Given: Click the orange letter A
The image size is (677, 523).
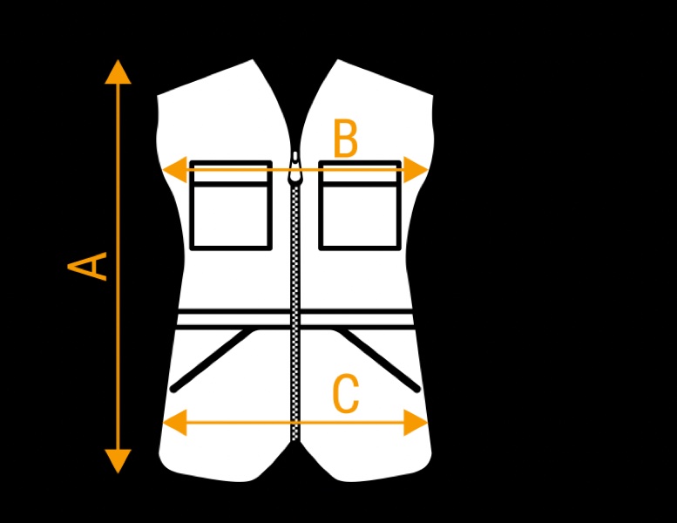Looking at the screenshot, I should [89, 266].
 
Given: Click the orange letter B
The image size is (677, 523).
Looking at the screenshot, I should [346, 139].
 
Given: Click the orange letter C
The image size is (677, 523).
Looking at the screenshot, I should [346, 395].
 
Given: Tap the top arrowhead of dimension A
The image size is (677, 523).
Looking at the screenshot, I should [118, 71].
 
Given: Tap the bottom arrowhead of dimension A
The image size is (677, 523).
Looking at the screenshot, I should [118, 461].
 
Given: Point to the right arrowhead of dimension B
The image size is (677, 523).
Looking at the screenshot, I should [417, 170].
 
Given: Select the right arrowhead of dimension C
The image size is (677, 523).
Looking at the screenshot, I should [416, 423].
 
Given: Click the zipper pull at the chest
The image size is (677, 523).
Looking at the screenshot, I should [295, 170].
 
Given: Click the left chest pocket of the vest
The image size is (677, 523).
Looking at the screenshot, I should [231, 215].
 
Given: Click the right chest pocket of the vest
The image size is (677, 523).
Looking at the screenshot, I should [360, 215].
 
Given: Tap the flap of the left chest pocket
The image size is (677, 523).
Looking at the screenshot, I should [231, 174].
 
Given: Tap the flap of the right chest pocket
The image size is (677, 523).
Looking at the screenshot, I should [360, 174].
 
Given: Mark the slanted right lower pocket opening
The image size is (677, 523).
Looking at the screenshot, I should [380, 360].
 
